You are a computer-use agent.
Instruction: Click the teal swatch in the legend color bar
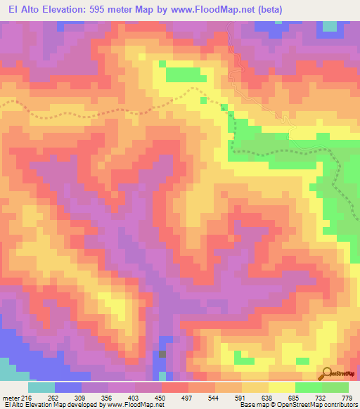tap(41, 387)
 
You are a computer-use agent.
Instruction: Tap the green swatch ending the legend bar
tap(335, 387)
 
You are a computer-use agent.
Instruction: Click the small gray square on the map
tap(162, 353)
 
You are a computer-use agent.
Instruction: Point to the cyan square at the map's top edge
tap(328, 26)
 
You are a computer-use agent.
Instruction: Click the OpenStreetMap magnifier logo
tap(326, 373)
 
